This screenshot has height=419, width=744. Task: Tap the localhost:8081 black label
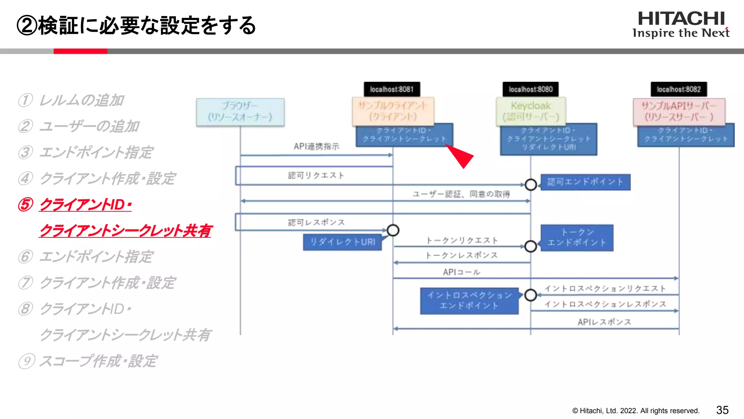pos(392,89)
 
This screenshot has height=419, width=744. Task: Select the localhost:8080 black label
pos(530,89)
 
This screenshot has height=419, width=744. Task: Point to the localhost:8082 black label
pos(678,89)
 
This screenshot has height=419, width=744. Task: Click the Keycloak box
pos(530,111)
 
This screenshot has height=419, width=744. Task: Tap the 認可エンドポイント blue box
pos(585,182)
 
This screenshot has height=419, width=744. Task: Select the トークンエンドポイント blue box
pos(577,238)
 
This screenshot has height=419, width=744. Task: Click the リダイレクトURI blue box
pos(342,242)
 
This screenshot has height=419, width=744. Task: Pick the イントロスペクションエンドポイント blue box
pos(469,300)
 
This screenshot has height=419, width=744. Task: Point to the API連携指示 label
pos(316,147)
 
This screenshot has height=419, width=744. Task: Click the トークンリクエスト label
pos(462,240)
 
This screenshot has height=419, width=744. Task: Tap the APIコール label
pos(461,272)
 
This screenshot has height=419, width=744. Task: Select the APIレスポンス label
pos(604,322)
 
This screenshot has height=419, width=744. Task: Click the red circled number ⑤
pos(26,205)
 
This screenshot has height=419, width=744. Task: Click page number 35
pos(722,410)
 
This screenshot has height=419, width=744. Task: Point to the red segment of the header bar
pos(80,51)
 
